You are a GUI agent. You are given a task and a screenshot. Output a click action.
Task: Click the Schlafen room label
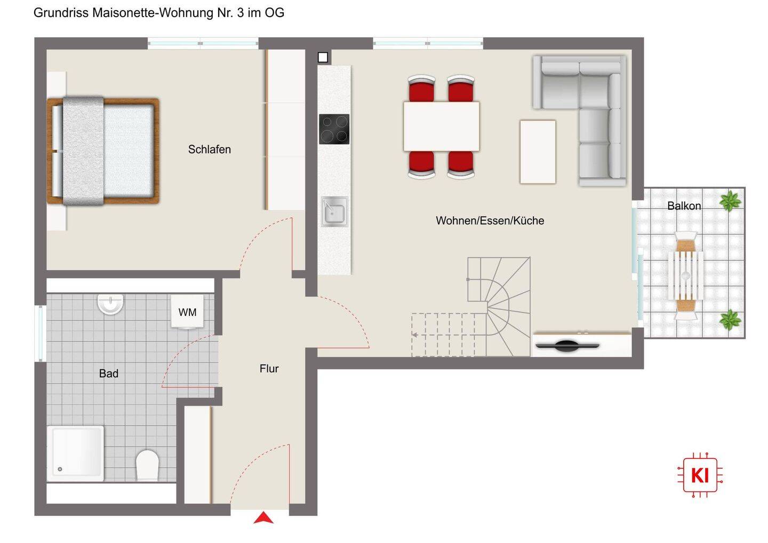coord(209,149)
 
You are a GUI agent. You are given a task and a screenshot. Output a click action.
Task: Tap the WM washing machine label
coord(187,312)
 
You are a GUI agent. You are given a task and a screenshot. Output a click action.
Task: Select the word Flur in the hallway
coord(269,369)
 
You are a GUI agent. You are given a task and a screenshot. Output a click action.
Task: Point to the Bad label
coord(109,373)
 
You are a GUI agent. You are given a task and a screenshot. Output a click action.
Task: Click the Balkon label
coord(684,206)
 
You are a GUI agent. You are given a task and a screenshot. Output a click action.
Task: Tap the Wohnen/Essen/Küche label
coord(490,220)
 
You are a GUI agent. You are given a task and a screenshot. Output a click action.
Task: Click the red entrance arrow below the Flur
coord(263,517)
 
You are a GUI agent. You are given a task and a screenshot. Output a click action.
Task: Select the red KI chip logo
coord(700,475)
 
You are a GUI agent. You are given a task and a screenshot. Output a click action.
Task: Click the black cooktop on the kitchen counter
coord(334,129)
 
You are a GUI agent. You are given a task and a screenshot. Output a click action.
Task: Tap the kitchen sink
coord(334,212)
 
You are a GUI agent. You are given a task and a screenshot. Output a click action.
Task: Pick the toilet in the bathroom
coord(147,465)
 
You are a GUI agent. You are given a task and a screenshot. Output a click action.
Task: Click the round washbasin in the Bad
coord(110,304)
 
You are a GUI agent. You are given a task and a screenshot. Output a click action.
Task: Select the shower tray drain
coord(60,469)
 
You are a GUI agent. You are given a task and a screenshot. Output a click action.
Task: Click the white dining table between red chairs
coord(441,126)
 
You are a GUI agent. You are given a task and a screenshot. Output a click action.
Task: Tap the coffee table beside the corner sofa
coord(538,152)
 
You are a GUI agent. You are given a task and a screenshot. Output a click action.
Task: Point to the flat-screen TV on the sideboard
coord(567,346)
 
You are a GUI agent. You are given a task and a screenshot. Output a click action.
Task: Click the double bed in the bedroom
coord(103,151)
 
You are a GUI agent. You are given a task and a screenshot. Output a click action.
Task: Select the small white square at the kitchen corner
coord(323,57)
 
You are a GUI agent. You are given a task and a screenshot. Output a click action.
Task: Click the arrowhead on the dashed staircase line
coord(414,335)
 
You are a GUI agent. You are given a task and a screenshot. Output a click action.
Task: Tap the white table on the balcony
coord(685,276)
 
